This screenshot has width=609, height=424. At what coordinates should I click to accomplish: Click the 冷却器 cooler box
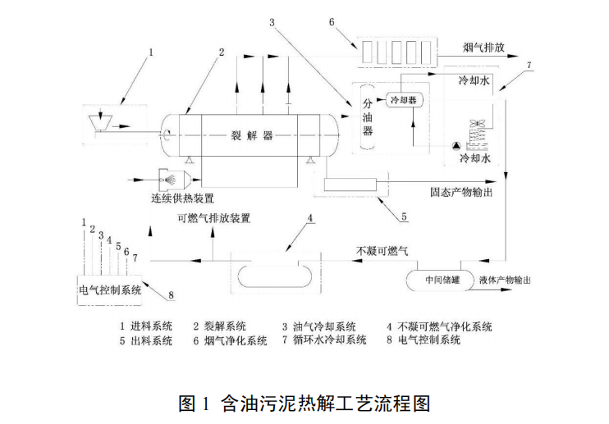[403, 100]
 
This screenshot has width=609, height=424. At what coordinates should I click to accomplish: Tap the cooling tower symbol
[478, 134]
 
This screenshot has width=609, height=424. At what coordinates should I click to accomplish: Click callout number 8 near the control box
[171, 294]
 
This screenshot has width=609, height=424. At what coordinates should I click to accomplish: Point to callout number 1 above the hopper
[150, 52]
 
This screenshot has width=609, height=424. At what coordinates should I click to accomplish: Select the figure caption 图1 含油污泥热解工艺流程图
[304, 403]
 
